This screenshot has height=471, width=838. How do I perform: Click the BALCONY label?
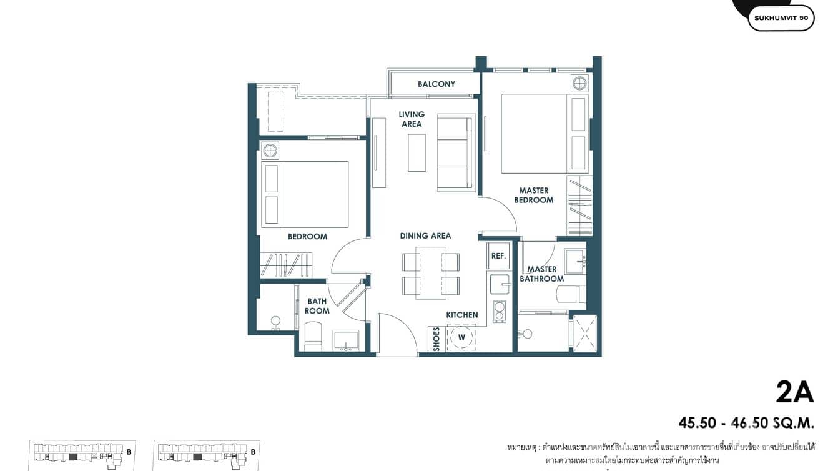436,84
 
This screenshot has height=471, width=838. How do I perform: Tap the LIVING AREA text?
412,119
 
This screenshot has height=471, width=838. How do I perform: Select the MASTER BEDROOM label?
533,196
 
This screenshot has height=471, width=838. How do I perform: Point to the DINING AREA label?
425,236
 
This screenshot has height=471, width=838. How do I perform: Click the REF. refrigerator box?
498,256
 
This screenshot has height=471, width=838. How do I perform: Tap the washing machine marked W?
461,337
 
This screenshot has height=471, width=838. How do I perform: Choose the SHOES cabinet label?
436,339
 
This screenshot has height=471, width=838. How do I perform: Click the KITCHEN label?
462,315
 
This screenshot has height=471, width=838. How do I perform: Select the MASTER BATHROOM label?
541,274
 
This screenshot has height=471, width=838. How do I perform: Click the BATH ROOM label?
317,306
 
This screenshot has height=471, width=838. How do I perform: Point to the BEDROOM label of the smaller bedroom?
307,237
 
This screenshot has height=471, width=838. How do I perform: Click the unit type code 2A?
794,392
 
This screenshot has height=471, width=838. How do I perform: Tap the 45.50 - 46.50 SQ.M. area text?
746,423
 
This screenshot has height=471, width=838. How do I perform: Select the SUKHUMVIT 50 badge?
781,18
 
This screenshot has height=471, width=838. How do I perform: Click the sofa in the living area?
456,152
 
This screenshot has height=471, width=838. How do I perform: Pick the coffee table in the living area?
417,152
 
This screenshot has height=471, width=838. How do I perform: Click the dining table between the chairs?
431,274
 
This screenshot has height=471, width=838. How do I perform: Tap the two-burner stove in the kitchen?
499,310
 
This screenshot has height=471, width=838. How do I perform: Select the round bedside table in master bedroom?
579,83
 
